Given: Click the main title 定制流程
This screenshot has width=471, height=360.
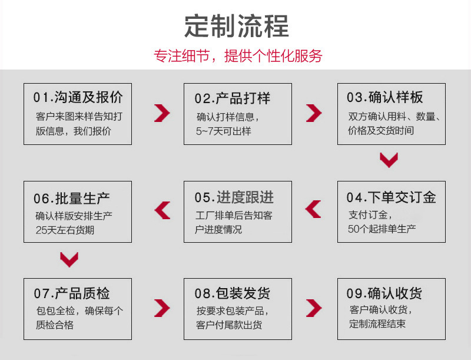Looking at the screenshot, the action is point(237,26).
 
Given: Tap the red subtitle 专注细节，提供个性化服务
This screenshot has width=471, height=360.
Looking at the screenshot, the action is point(238,56).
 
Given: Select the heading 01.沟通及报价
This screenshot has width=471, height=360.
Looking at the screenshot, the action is point(78,97).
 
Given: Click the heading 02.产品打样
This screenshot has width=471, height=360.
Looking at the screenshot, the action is point(232,98).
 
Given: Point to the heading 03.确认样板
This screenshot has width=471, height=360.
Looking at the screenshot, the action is point(385,97).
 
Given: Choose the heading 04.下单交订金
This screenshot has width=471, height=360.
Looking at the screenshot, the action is point(391,197).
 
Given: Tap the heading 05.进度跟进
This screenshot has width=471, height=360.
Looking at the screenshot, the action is point(234,197).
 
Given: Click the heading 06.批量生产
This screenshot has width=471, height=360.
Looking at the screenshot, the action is point(71,199).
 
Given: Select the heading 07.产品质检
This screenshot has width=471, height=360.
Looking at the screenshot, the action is point(71,293).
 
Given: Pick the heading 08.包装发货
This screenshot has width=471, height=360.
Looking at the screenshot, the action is point(232,293).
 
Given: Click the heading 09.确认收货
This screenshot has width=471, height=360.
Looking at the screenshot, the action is point(384,293).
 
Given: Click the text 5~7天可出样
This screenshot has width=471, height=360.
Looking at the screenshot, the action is point(224,131).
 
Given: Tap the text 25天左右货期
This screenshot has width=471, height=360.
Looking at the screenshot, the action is point(65,230).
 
